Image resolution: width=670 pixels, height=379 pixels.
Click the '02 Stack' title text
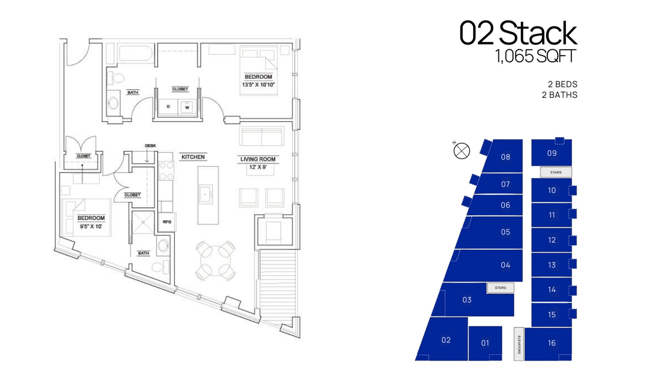[x=518, y=33]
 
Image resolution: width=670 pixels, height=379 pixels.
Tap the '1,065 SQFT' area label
[x=535, y=56]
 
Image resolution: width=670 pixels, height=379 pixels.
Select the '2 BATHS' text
[x=559, y=95]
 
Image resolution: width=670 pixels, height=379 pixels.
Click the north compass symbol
[x=461, y=151]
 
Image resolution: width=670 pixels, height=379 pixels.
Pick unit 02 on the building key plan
[x=446, y=340]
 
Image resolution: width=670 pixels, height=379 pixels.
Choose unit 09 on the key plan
[x=552, y=153]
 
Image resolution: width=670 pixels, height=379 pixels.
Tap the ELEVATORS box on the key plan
[x=519, y=344]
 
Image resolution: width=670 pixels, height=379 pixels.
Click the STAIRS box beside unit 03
[x=500, y=288]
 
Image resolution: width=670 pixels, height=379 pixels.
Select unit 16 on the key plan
[x=552, y=343]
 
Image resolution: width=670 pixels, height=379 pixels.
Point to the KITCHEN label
[x=193, y=157]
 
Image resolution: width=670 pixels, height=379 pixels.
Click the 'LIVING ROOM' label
[x=258, y=159]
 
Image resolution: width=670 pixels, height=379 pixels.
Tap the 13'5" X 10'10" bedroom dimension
[x=258, y=85]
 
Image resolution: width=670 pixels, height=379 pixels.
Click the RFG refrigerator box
[x=167, y=222]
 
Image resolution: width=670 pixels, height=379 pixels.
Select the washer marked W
[x=187, y=107]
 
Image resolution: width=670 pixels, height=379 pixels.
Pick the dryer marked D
[x=168, y=107]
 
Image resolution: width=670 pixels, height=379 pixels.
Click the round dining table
[x=215, y=260]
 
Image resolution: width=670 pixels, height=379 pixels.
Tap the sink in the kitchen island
[x=206, y=194]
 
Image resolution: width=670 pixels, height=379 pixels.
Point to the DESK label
[x=150, y=146]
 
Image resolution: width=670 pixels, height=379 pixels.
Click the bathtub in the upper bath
[x=135, y=53]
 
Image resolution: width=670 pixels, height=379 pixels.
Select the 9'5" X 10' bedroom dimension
[x=91, y=227]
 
